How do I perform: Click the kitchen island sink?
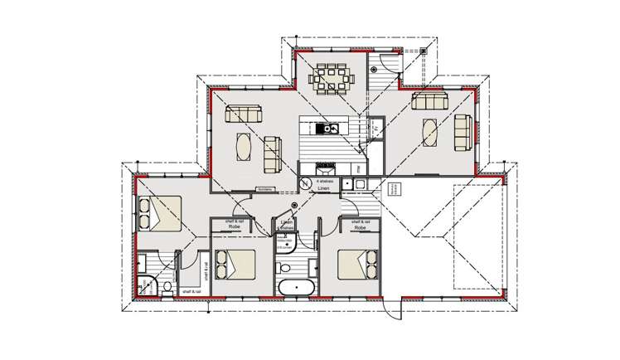[x=325, y=128]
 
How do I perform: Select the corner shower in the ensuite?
[x=144, y=285]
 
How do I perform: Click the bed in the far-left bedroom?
[x=159, y=213]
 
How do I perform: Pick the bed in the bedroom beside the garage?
[x=359, y=266]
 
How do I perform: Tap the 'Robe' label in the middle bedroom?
[x=235, y=226]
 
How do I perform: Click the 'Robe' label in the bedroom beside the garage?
[x=359, y=226]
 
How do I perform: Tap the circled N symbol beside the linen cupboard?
[x=305, y=184]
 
